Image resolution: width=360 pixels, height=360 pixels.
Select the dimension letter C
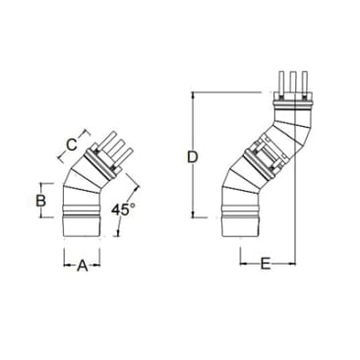tap(71, 145)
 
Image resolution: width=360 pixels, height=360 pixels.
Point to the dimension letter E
tap(267, 263)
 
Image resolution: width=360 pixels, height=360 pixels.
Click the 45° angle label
tap(123, 210)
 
